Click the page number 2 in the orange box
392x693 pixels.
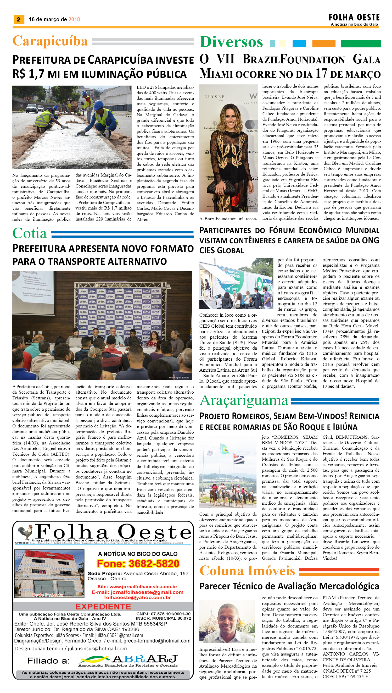click(18, 19)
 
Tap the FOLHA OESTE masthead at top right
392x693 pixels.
click(354, 18)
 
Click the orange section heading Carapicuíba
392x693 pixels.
click(50, 41)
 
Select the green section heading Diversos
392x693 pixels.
click(231, 42)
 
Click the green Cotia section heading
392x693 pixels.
click(30, 233)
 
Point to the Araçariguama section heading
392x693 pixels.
click(244, 401)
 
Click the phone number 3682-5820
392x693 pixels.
click(138, 564)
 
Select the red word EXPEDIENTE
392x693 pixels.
click(103, 607)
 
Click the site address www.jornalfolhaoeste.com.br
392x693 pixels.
click(143, 586)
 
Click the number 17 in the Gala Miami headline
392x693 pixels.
click(321, 74)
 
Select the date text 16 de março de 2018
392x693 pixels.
click(54, 19)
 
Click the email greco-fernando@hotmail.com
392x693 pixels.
click(157, 641)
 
